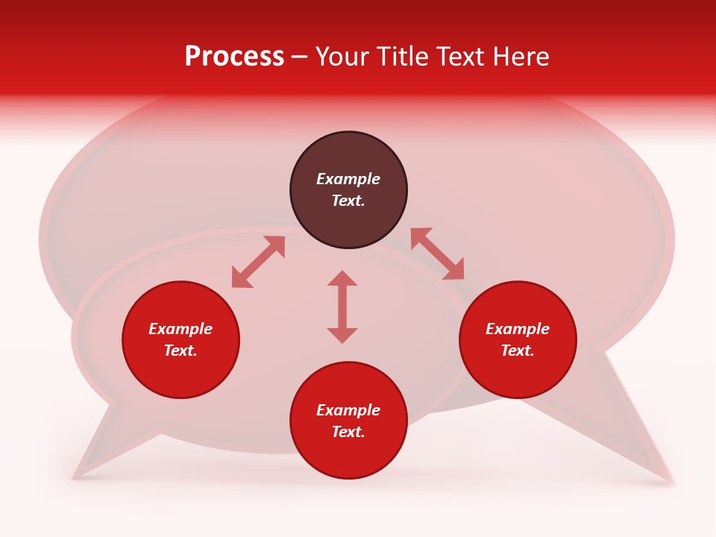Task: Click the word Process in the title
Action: [x=234, y=57]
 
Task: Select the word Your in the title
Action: [x=341, y=57]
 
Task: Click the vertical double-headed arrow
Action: [x=342, y=307]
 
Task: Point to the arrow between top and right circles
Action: [x=437, y=254]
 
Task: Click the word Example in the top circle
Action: [x=348, y=179]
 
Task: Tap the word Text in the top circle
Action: [x=348, y=201]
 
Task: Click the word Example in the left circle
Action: [x=180, y=329]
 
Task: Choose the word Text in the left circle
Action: [x=180, y=351]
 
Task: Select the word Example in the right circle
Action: [x=518, y=329]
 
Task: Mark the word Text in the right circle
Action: [x=518, y=351]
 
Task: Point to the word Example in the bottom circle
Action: [x=348, y=410]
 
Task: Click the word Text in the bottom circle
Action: [x=348, y=432]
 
